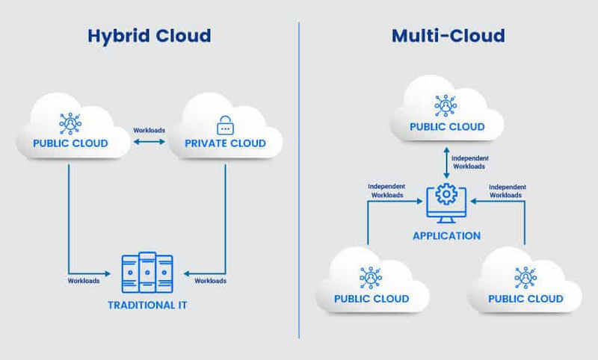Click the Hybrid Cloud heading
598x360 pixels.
[149, 36]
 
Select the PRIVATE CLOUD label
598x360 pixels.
[224, 143]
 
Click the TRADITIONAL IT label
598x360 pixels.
[147, 305]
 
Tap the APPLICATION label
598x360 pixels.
[447, 235]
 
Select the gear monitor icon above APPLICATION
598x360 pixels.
[447, 200]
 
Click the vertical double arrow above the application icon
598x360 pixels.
[447, 164]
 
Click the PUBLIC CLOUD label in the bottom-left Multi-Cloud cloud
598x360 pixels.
[372, 299]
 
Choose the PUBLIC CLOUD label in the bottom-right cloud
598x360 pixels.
[525, 299]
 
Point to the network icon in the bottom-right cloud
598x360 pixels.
[525, 277]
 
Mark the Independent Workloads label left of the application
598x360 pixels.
[388, 190]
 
